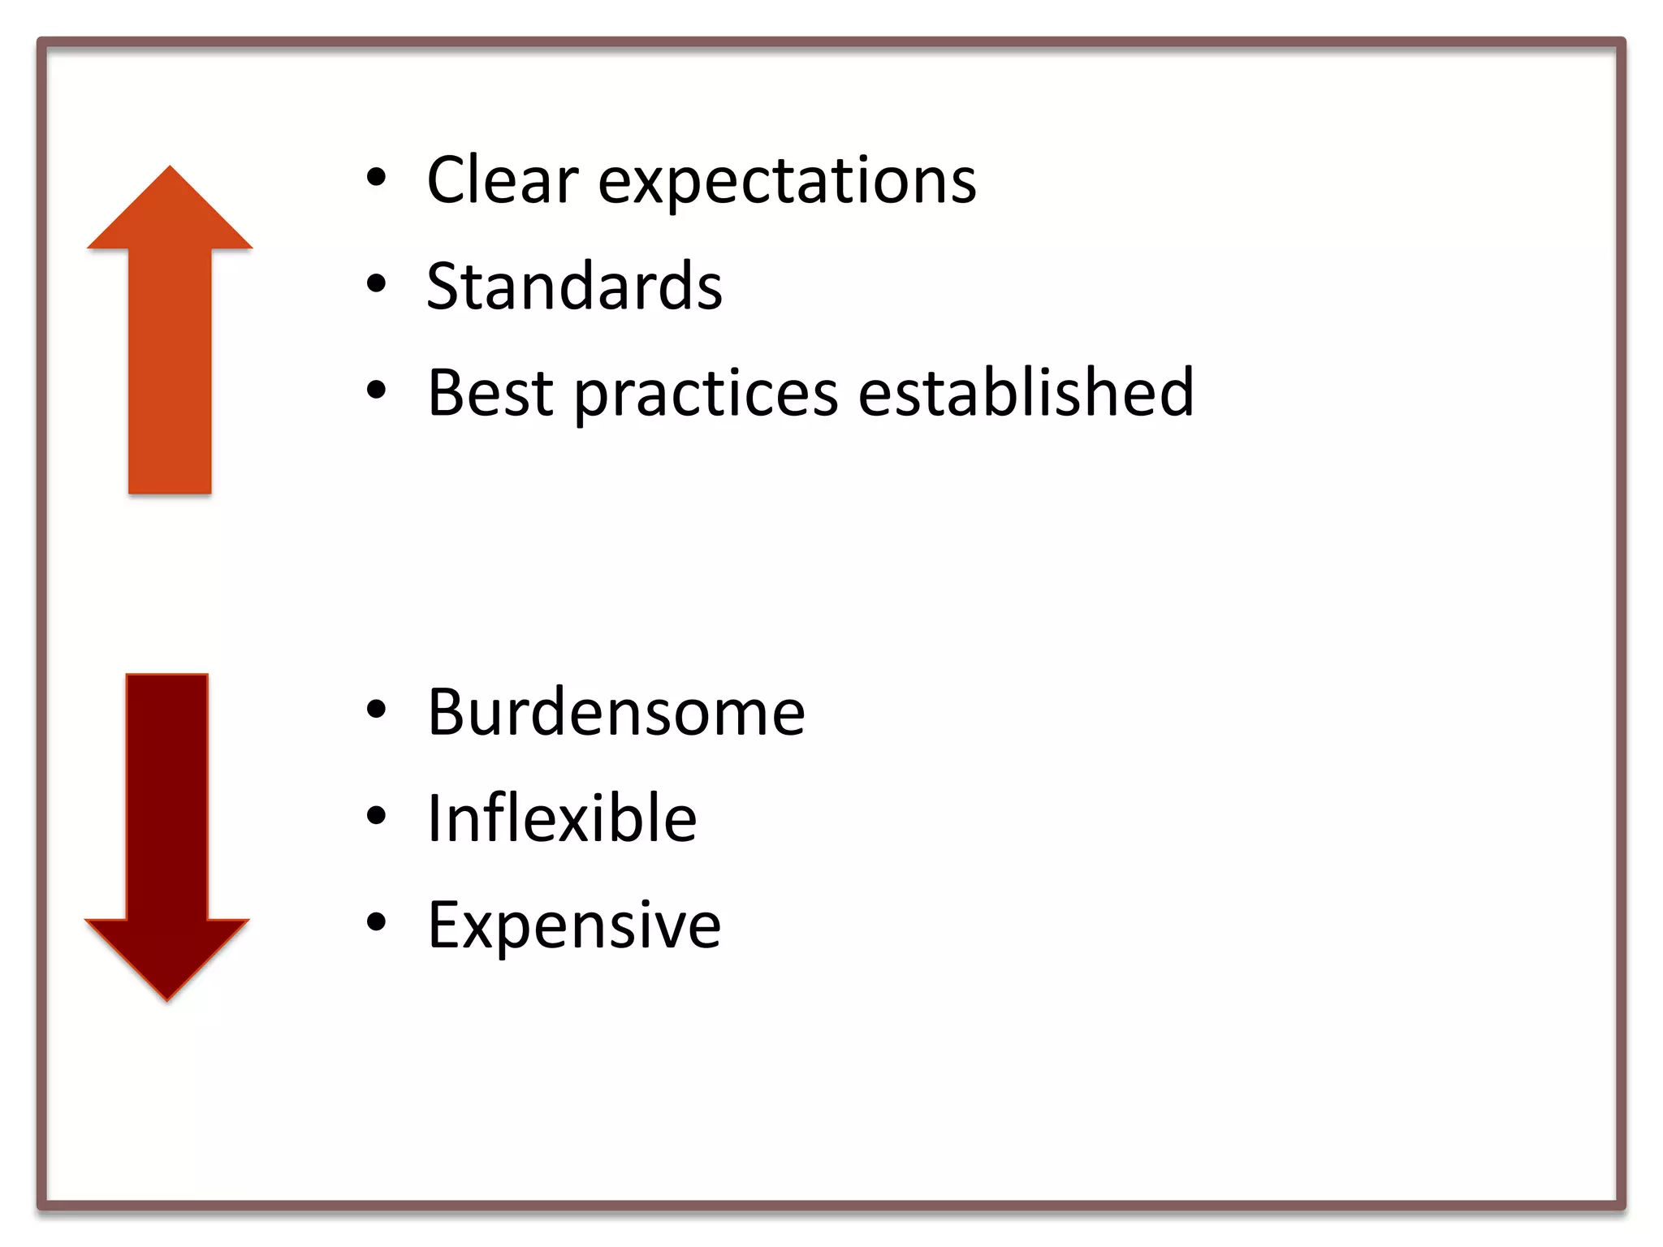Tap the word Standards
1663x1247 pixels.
point(574,287)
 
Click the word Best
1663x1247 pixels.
point(490,393)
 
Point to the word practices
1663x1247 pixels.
point(706,395)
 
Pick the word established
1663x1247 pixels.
point(1026,393)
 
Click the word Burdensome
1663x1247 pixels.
point(616,712)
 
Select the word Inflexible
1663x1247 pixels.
point(561,818)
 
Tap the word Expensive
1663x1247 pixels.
point(574,926)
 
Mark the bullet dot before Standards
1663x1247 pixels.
point(376,284)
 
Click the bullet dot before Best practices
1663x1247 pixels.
point(376,390)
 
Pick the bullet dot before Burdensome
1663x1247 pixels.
point(376,710)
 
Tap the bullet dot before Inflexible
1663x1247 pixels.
point(376,816)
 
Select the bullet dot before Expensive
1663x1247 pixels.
point(376,922)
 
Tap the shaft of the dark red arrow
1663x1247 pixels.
point(167,796)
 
